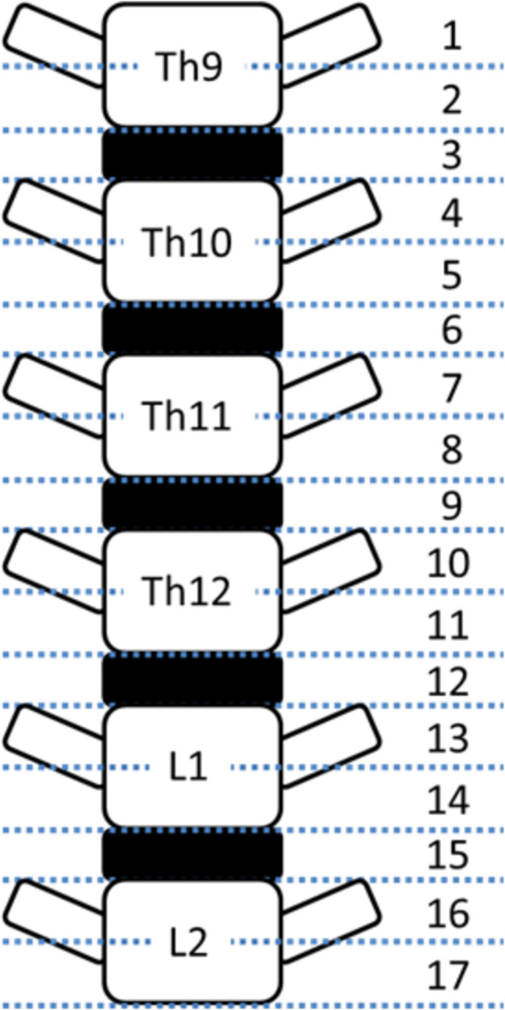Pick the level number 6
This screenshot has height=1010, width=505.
(451, 331)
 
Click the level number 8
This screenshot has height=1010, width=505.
(451, 450)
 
